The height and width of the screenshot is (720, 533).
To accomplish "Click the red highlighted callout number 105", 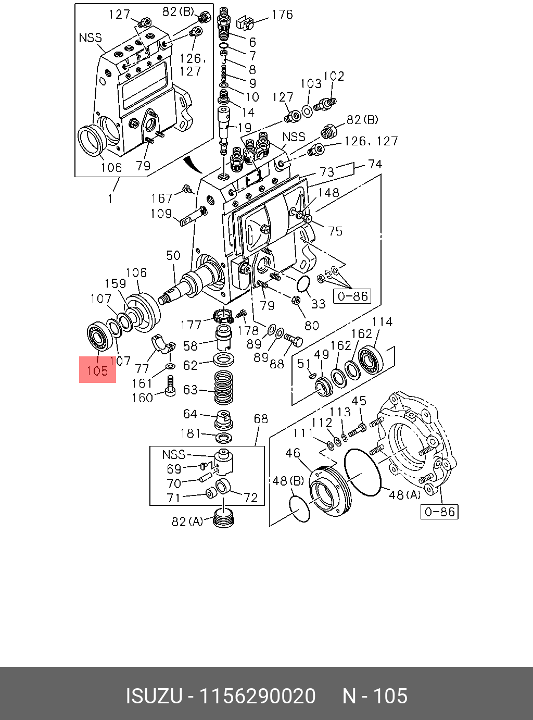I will pyautogui.click(x=97, y=371).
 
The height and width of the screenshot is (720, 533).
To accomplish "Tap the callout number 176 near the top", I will pyautogui.click(x=282, y=15).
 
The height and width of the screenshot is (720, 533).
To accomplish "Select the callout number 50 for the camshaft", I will pyautogui.click(x=173, y=255).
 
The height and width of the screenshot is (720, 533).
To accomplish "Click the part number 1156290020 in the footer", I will pyautogui.click(x=258, y=696).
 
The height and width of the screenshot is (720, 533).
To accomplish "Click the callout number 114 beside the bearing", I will pyautogui.click(x=382, y=322).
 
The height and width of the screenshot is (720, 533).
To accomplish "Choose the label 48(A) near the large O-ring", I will pyautogui.click(x=404, y=494).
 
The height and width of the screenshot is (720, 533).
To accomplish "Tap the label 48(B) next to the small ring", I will pyautogui.click(x=288, y=480).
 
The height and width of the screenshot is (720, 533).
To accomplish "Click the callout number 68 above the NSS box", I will pyautogui.click(x=261, y=419).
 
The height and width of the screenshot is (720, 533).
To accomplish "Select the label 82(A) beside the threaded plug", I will pyautogui.click(x=187, y=522).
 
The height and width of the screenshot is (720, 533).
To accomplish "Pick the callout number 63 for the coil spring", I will pyautogui.click(x=191, y=390).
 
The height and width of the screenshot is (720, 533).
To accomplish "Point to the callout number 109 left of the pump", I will pyautogui.click(x=161, y=214).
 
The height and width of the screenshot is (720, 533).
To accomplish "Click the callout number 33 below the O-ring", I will pyautogui.click(x=318, y=303).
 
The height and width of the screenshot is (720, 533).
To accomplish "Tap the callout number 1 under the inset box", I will pyautogui.click(x=110, y=198).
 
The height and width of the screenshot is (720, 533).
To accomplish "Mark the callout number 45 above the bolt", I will pyautogui.click(x=359, y=401).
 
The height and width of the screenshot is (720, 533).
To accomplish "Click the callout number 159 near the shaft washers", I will pyautogui.click(x=116, y=283).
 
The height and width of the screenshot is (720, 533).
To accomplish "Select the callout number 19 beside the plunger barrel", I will pyautogui.click(x=245, y=127).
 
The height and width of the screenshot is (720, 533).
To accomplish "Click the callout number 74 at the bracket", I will pyautogui.click(x=375, y=164).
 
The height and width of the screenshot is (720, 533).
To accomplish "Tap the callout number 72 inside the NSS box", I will pyautogui.click(x=251, y=498).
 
